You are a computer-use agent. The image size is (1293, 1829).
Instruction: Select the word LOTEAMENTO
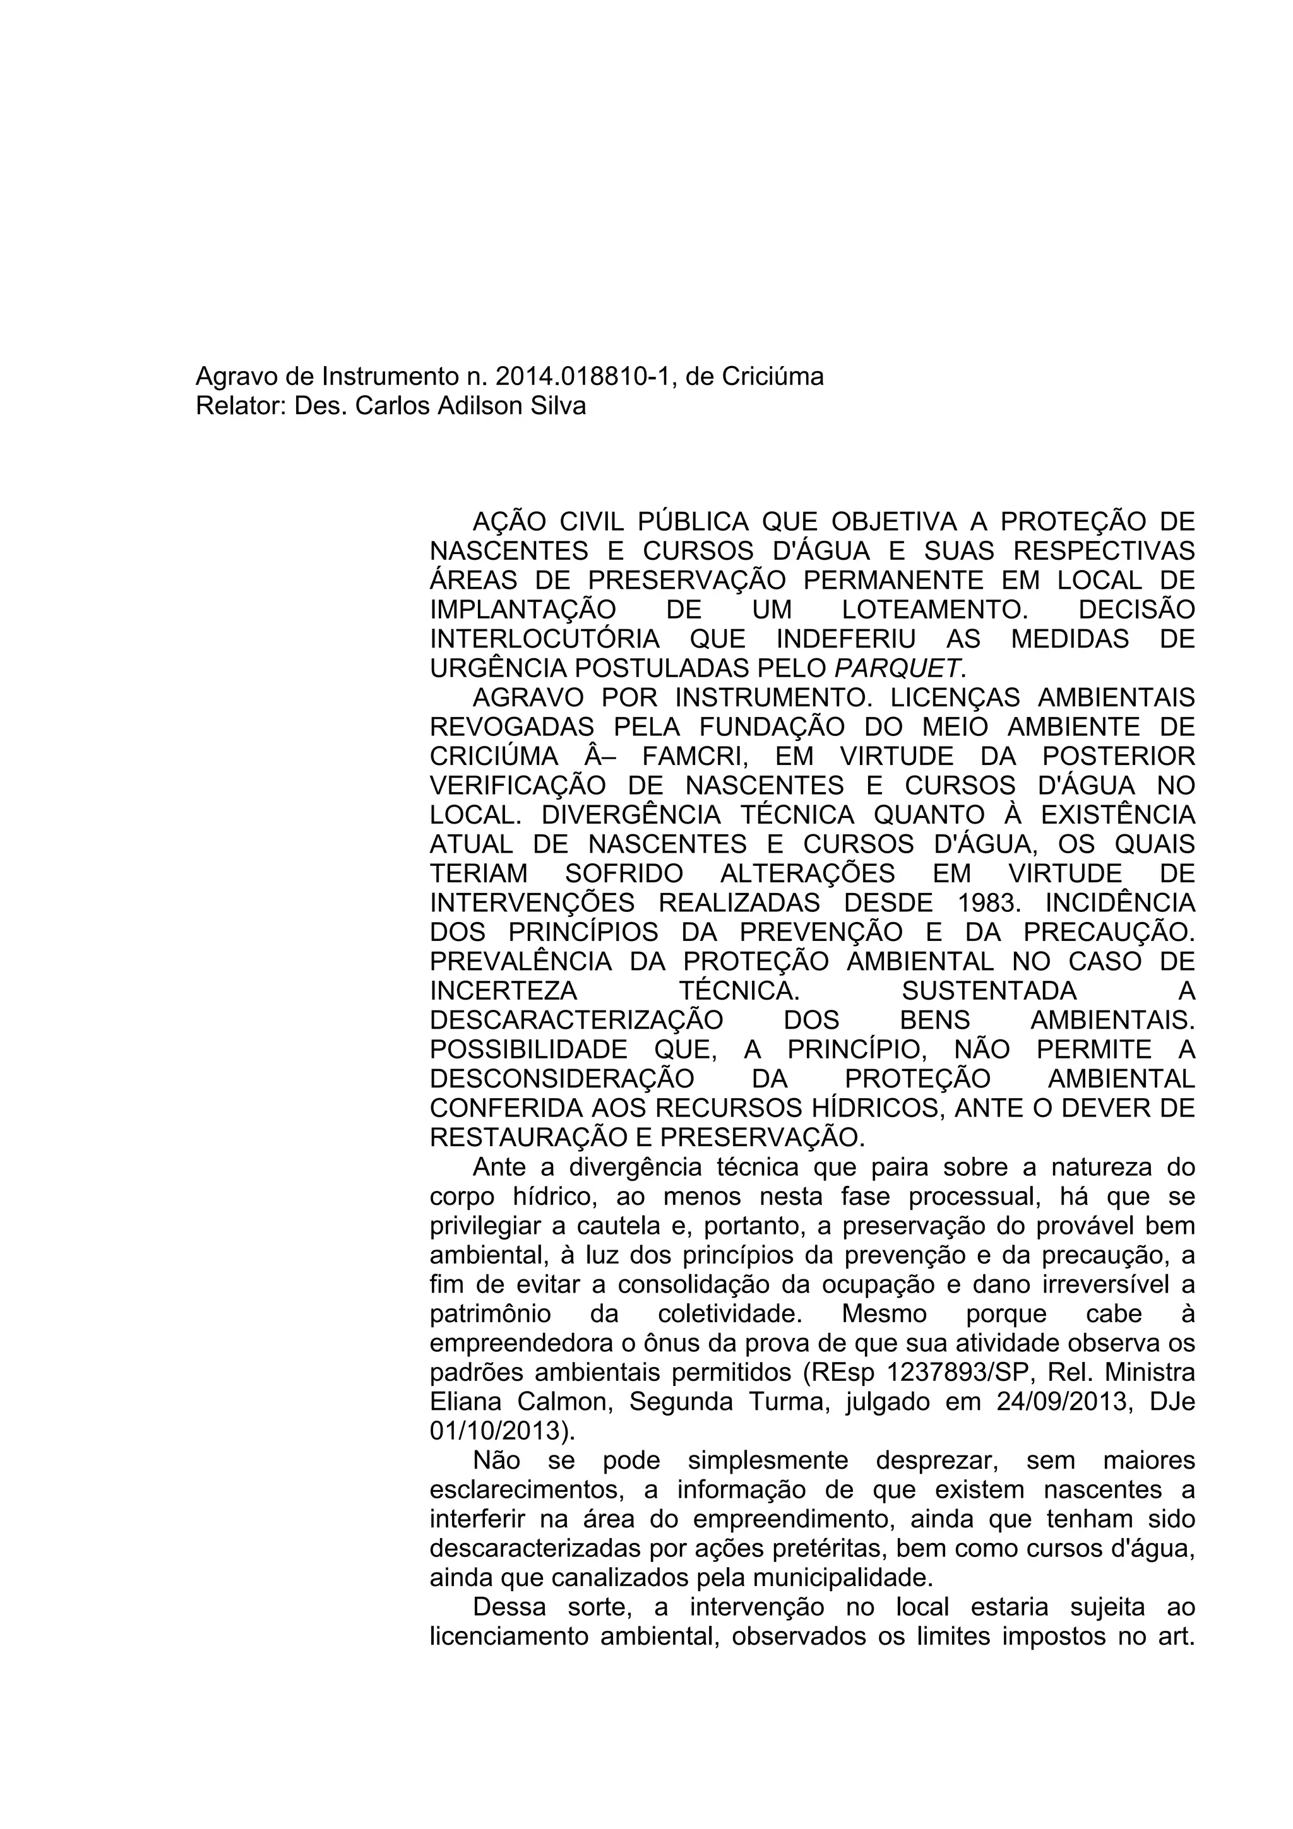(934, 610)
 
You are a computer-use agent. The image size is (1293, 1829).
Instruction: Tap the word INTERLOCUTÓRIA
(545, 639)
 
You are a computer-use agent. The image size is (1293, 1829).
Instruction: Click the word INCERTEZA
(503, 991)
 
